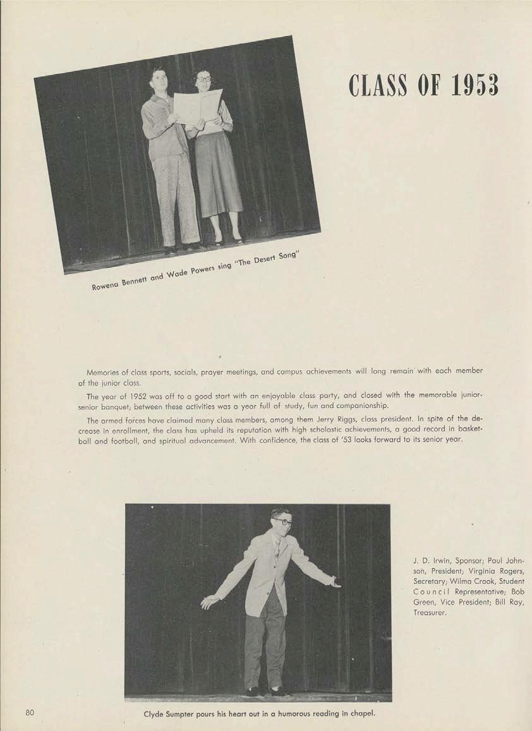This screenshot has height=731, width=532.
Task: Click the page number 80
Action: [30, 713]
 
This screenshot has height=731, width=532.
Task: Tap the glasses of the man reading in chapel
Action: [282, 522]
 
